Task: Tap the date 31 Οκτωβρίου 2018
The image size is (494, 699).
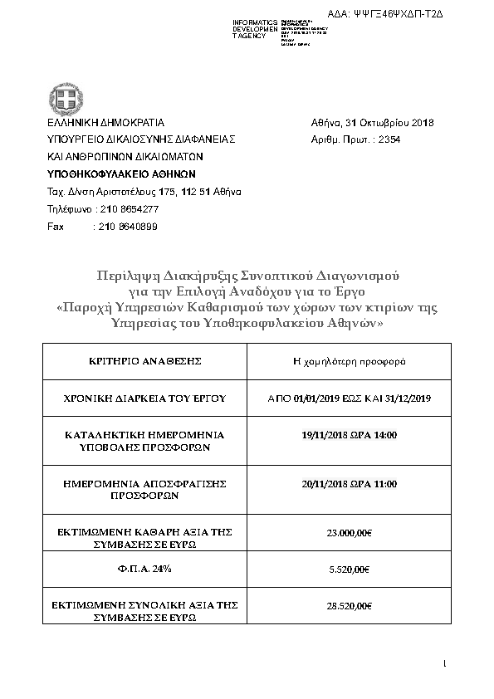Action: click(x=389, y=122)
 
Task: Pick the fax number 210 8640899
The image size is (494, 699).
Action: click(x=128, y=226)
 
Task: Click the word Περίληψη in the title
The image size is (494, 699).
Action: click(x=125, y=275)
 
